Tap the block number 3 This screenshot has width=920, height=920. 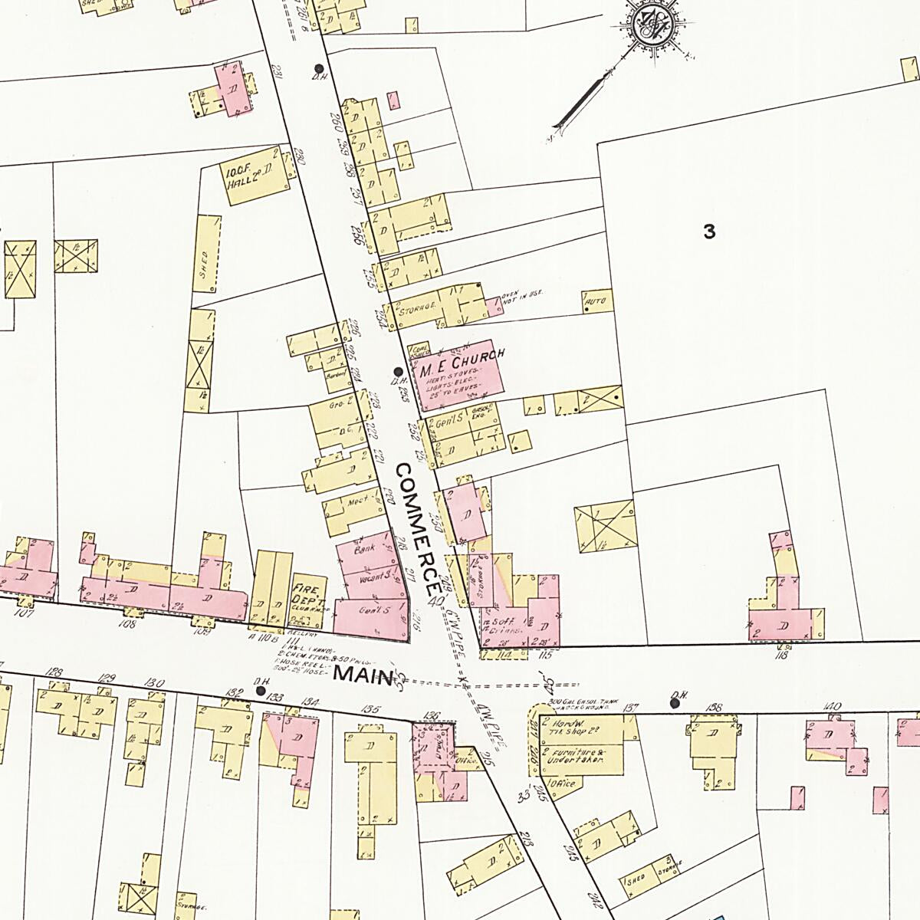pos(709,231)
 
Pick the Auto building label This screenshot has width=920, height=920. pos(596,302)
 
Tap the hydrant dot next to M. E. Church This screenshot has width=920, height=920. pos(397,370)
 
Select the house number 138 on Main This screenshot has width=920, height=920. pos(713,708)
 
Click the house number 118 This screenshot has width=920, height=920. pos(781,655)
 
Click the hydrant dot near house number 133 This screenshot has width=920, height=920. pos(261,691)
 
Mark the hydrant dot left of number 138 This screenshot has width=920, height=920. pos(675,702)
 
